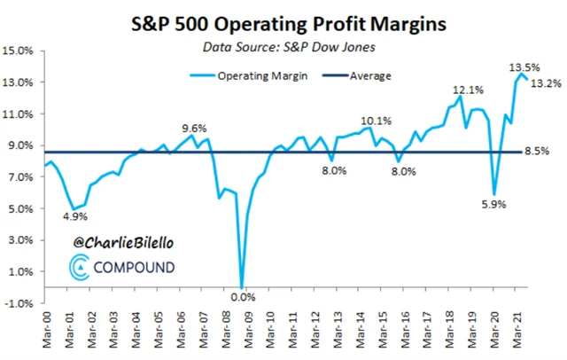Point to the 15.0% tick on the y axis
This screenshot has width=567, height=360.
(19, 51)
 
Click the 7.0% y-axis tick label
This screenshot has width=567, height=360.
(20, 177)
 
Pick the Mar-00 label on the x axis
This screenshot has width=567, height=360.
(45, 333)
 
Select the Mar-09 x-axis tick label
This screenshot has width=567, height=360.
(241, 333)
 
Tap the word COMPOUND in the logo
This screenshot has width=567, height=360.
(133, 267)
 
